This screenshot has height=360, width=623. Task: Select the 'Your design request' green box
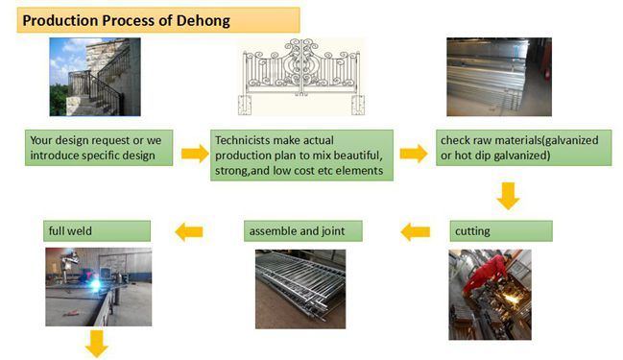point(100,148)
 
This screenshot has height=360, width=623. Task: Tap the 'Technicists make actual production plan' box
point(302,155)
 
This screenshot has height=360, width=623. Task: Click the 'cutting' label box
point(500,230)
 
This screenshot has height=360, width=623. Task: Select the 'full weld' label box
point(97,230)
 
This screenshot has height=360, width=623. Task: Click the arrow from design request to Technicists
point(194,154)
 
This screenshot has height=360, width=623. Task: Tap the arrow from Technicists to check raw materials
point(413,154)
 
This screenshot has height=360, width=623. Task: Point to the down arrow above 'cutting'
point(508,197)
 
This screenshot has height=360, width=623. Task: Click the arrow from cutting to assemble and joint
point(415,230)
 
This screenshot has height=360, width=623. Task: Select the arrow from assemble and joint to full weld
point(188,230)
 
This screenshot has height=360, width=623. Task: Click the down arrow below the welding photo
point(96,342)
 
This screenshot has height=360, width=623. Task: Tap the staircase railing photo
point(95,77)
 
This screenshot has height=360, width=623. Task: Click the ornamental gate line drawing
point(302,77)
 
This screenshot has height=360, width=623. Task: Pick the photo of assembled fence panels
point(300,289)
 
